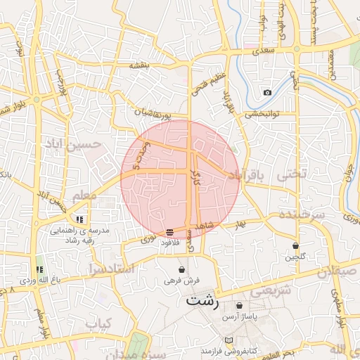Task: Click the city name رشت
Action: point(202,302)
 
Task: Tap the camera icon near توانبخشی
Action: point(267,93)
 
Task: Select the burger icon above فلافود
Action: point(170,232)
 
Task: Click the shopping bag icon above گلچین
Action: point(296,245)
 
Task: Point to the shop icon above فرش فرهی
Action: point(182,269)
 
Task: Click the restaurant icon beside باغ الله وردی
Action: point(40,269)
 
